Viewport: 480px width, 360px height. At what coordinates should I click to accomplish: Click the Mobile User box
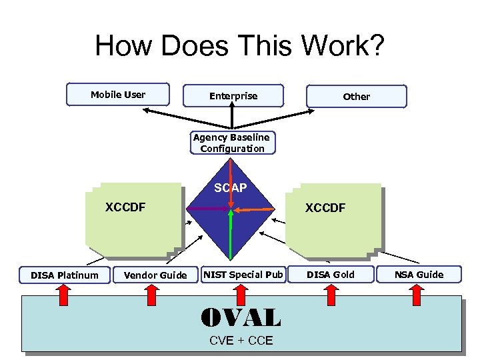(117, 95)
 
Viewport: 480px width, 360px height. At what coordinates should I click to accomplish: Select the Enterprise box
(233, 96)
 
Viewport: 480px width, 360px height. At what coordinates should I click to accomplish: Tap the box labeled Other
(356, 97)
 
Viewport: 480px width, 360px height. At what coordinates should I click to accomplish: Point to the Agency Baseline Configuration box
(231, 143)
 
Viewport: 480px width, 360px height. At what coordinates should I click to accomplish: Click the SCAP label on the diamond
(230, 188)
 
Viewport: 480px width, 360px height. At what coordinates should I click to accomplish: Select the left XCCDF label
(125, 207)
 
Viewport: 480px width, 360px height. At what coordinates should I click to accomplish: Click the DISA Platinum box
(64, 275)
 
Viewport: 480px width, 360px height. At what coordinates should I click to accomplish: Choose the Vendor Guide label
(155, 275)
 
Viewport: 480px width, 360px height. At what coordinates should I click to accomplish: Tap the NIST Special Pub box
(243, 274)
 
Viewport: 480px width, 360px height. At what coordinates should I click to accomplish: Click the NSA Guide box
(418, 274)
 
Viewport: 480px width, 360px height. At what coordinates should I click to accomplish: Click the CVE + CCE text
(241, 341)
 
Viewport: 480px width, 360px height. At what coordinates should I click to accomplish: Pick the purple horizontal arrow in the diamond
(207, 209)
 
